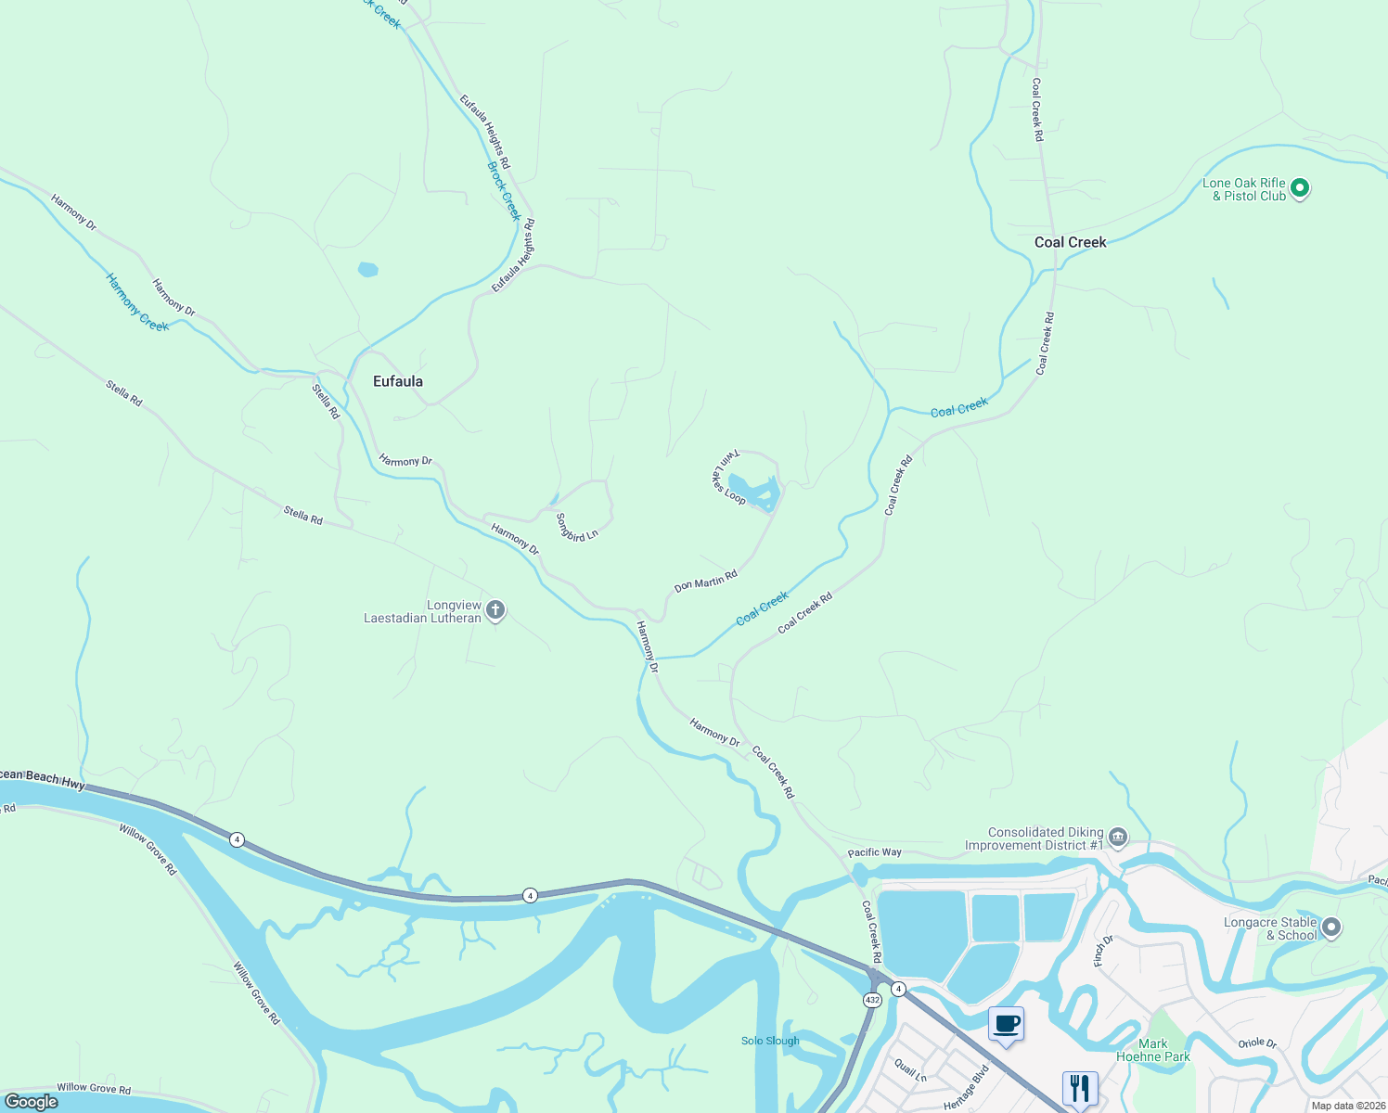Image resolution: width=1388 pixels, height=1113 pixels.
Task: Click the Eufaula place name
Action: (397, 381)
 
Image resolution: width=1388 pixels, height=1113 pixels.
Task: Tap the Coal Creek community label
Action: (1070, 242)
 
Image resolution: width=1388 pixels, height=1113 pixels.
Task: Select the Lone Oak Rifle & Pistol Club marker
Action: (1300, 188)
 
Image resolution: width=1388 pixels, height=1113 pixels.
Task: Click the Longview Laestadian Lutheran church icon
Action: (495, 610)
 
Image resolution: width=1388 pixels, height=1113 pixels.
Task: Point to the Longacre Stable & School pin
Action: (1331, 927)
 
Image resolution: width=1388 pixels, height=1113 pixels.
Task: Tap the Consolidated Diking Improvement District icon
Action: (1118, 838)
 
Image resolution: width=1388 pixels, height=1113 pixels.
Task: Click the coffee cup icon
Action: (1006, 1025)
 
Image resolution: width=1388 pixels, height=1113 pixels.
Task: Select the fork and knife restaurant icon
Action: (1079, 1088)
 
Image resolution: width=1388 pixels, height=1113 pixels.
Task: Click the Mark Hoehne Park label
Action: (1152, 1050)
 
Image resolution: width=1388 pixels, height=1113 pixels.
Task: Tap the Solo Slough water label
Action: (770, 1041)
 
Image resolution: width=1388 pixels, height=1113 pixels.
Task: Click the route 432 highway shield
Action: (871, 1000)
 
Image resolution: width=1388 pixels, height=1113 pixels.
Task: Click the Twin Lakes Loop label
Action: (728, 477)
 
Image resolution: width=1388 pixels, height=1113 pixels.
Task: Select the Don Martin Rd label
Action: (705, 582)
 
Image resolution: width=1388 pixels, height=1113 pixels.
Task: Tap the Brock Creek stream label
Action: (504, 191)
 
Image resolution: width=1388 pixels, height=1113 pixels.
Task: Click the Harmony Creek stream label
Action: (136, 302)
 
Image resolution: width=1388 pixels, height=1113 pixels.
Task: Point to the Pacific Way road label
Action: (874, 852)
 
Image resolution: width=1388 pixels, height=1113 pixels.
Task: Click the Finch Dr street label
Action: (1103, 951)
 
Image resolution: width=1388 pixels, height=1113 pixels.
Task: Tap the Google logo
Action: (32, 1102)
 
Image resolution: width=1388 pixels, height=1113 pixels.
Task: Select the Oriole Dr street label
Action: (1257, 1043)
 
